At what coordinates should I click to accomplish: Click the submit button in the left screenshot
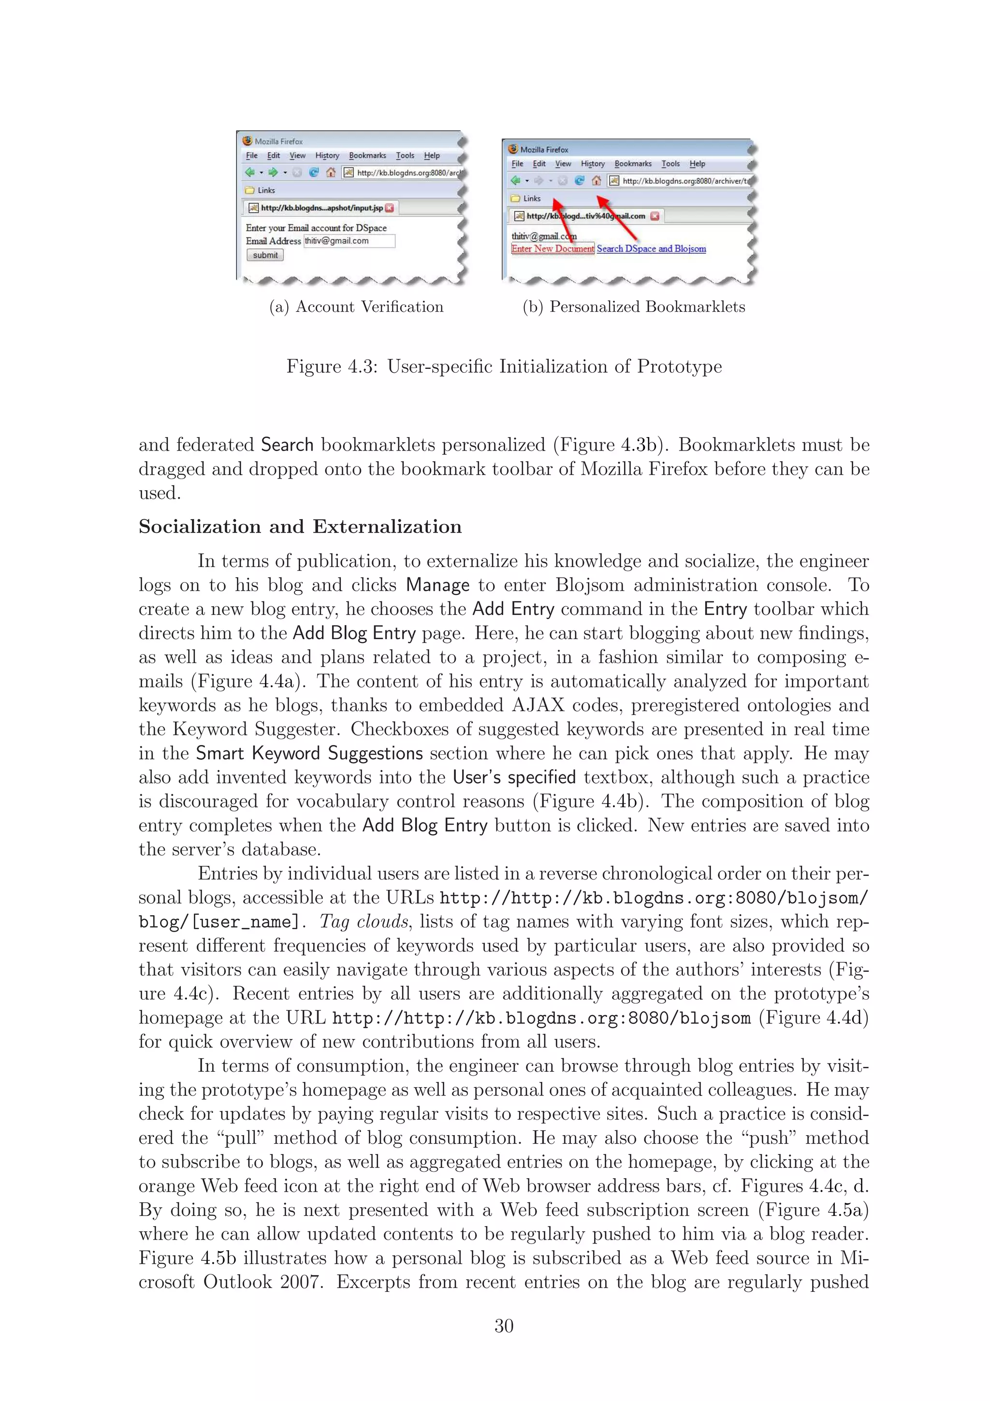265,255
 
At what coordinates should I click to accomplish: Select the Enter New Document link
552,249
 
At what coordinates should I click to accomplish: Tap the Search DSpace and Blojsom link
651,249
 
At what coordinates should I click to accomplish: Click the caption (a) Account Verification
356,307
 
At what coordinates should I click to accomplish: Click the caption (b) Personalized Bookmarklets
634,307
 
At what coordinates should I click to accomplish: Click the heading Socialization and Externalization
300,526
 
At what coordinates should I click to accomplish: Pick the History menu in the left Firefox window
327,156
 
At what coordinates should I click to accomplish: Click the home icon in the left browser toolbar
331,173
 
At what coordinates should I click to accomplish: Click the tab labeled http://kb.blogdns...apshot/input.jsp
321,208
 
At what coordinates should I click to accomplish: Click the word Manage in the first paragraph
437,585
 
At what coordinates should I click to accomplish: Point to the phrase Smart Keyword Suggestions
309,754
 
